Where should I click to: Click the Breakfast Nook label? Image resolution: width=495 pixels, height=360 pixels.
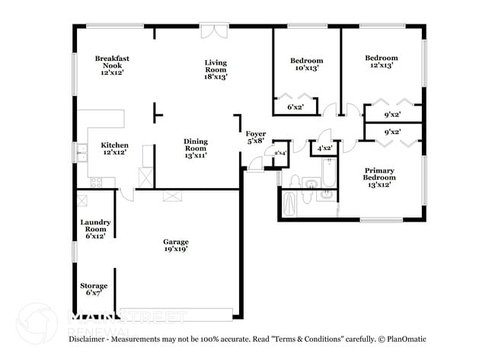pos(109,65)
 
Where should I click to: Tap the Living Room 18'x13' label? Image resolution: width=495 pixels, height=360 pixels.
pos(216,69)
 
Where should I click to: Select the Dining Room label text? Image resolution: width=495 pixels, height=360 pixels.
pos(195,148)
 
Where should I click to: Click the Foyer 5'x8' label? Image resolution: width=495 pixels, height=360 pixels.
pos(255,137)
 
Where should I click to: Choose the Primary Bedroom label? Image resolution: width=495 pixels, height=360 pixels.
pos(378,177)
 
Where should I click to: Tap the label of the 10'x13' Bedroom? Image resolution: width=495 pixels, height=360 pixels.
pos(306,64)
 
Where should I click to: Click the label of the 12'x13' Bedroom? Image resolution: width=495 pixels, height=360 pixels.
pos(381,62)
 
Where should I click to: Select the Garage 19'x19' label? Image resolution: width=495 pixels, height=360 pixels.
pos(175,245)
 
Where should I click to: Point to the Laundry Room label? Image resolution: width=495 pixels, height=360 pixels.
pos(96,228)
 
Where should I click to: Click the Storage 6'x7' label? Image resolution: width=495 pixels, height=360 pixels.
pos(94,289)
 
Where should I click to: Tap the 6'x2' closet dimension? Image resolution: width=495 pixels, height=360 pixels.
pos(295,107)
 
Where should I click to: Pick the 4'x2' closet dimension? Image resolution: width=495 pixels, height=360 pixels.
pos(324,148)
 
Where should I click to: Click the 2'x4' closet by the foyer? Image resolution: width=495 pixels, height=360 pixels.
pos(279,153)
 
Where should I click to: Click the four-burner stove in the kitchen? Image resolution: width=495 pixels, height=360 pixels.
pos(97,182)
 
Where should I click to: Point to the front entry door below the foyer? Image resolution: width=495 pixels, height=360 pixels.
pos(254,166)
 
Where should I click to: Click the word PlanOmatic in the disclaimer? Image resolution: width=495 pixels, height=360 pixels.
pos(404,339)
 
